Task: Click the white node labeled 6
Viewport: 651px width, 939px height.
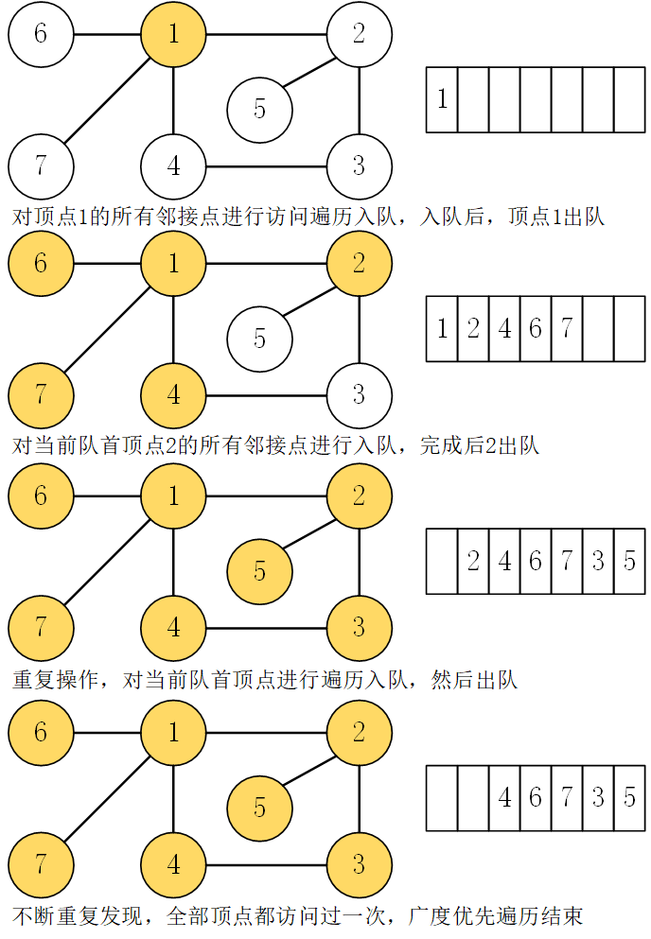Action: pos(41,34)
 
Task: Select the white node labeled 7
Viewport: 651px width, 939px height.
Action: pos(41,165)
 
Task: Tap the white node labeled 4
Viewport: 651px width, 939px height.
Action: pos(173,165)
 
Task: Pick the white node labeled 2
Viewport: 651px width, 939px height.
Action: pos(359,34)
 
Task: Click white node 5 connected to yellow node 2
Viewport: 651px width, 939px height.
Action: pos(259,338)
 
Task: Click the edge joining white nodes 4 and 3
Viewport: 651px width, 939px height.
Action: pos(266,166)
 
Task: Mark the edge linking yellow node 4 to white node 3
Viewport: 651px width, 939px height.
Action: pos(266,395)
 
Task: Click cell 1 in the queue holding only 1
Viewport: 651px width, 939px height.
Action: pos(442,98)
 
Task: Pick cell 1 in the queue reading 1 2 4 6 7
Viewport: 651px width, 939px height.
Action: pos(442,329)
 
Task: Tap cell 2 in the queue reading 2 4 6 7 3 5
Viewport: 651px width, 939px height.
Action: pos(473,561)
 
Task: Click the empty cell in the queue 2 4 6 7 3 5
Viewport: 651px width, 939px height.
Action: pos(442,561)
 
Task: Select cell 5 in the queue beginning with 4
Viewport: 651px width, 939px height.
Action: pos(628,797)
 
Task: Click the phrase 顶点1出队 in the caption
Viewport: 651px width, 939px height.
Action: pos(556,217)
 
